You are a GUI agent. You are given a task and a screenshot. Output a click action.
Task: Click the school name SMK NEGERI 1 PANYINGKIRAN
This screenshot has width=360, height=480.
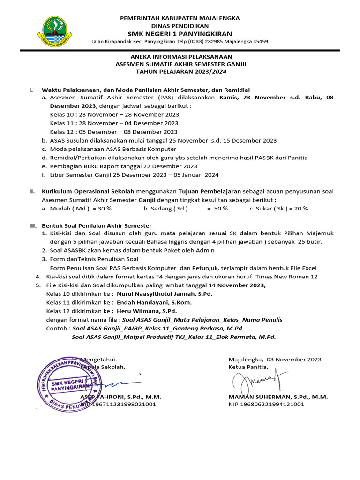[180, 34]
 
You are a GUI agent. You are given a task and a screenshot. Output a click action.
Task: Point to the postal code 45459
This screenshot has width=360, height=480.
[259, 41]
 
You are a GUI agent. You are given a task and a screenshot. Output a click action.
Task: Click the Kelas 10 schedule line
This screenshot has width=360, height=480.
[114, 114]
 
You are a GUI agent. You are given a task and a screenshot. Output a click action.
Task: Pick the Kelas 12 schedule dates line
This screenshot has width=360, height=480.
[113, 132]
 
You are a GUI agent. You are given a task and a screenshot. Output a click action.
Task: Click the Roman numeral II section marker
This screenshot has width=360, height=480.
[32, 191]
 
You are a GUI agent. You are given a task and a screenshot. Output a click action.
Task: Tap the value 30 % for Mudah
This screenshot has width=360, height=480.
[102, 209]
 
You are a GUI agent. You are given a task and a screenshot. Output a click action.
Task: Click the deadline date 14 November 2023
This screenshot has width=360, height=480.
[237, 285]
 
